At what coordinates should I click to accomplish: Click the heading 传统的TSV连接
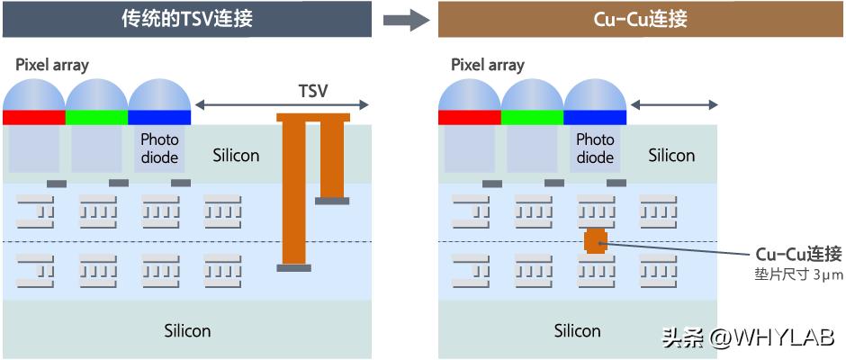click(187, 19)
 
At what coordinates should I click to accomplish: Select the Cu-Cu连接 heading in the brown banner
click(642, 19)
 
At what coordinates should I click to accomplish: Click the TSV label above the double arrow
click(312, 91)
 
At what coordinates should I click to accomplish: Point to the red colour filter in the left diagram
click(34, 117)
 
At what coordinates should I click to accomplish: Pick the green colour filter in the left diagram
click(97, 117)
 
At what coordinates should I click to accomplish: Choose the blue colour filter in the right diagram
click(595, 117)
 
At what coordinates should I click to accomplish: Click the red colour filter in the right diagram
click(470, 117)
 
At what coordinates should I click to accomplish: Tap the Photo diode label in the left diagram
click(159, 148)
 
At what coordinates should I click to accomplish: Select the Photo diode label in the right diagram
click(595, 148)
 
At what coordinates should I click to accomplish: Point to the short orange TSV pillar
click(332, 157)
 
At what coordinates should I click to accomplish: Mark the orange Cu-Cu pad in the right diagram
click(595, 241)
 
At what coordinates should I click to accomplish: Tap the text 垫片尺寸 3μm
click(798, 274)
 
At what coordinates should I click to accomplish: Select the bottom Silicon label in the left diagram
click(187, 330)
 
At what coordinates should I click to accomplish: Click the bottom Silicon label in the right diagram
click(577, 330)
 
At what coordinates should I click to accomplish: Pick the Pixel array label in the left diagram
click(52, 65)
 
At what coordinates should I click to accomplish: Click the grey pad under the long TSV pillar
click(293, 267)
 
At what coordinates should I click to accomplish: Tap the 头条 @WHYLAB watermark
click(749, 338)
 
